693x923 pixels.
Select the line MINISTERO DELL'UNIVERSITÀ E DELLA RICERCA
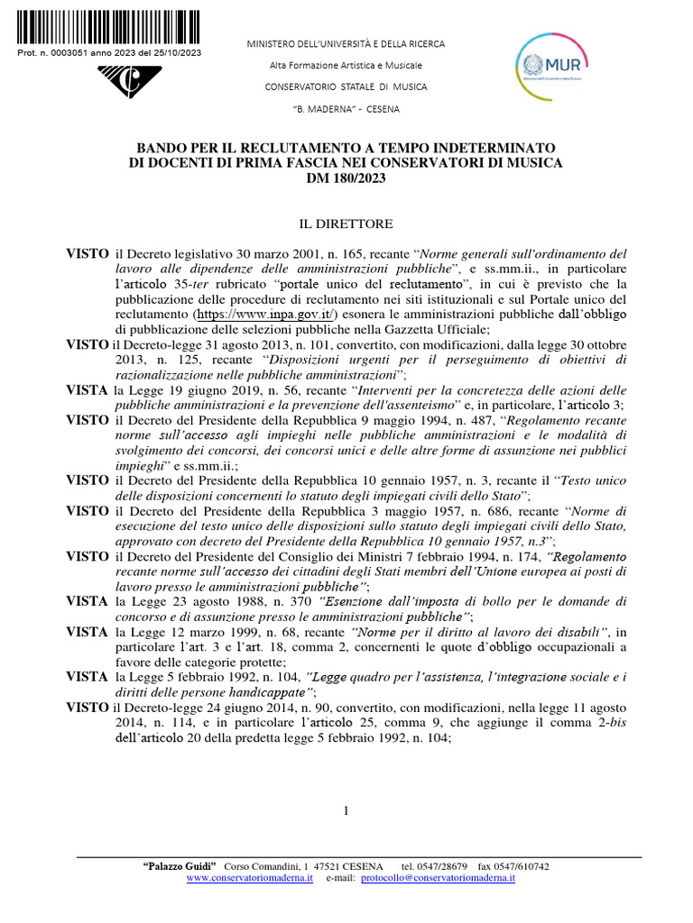(346, 44)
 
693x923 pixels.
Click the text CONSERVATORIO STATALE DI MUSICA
(346, 87)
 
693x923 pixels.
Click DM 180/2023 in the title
(346, 177)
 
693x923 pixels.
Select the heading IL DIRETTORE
(346, 223)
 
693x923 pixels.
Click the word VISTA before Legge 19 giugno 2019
(88, 389)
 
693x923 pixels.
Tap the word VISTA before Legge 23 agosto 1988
(88, 600)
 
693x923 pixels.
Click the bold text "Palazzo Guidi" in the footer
(180, 866)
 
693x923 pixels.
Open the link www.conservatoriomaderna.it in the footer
(249, 877)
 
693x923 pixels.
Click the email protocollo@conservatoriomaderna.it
(438, 877)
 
